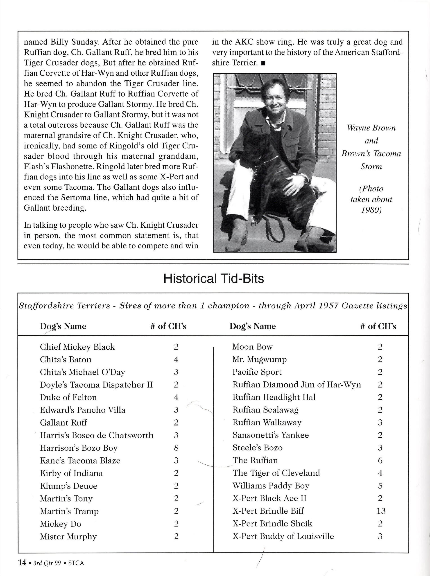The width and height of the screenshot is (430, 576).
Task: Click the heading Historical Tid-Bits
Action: pos(213,279)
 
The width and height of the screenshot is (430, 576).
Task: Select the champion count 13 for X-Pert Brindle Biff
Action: pos(381,511)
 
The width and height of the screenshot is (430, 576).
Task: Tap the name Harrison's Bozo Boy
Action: pos(79,448)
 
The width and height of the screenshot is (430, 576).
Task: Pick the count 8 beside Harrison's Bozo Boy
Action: pos(176,448)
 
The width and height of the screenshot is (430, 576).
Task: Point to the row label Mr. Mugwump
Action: pos(259,360)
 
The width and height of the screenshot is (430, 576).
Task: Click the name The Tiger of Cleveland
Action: pos(276,473)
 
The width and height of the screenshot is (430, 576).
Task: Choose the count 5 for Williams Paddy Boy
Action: pos(380,486)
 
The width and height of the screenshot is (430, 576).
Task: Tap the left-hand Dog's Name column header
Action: pos(63,326)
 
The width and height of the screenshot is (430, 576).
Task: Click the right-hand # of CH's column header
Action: pos(378,326)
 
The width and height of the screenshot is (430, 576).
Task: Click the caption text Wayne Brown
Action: pos(371,128)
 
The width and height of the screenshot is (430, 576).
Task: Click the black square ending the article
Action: pos(262,63)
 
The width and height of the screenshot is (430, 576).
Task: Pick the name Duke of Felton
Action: pos(68,398)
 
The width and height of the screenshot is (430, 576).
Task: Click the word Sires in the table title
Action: pos(130,306)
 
